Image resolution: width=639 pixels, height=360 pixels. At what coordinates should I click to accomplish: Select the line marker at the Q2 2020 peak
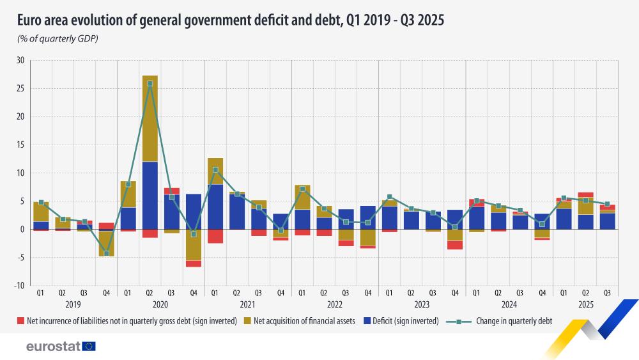[x=150, y=84]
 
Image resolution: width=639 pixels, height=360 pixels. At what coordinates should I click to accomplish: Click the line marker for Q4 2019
[x=107, y=253]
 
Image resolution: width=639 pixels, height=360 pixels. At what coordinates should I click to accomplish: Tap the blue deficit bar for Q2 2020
[x=150, y=195]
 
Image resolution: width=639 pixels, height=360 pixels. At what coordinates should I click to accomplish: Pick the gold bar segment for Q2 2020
[x=150, y=118]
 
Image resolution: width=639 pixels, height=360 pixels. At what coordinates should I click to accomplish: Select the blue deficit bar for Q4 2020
[x=194, y=211]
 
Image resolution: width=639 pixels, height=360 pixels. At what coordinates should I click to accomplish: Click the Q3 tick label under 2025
[x=607, y=293]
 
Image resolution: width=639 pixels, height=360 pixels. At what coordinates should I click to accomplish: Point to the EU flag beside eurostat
[x=88, y=347]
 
